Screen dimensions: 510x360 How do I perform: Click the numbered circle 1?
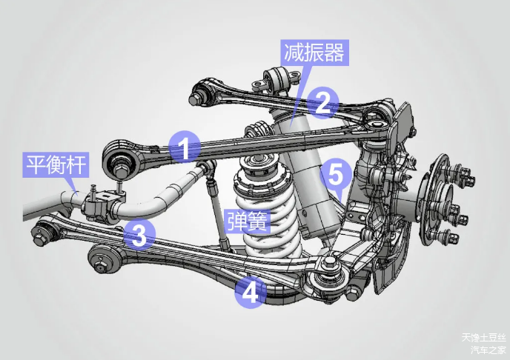pos(185,147)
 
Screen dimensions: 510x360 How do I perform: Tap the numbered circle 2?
pos(322,102)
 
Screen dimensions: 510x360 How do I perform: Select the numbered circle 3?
pos(139,235)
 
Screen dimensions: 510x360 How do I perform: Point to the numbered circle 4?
pos(250,292)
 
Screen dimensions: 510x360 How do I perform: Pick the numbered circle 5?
pos(336,174)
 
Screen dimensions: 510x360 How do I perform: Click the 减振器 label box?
pos(314,53)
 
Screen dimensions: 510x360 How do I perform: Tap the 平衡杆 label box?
pos(56,164)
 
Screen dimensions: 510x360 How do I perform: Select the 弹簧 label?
pos(248,221)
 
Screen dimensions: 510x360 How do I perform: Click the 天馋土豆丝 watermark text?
pos(483,338)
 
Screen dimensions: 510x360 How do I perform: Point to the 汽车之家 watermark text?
pos(489,350)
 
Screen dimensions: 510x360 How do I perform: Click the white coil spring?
pos(267,211)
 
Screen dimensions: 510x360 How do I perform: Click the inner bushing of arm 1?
pos(121,161)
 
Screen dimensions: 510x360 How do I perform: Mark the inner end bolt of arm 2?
pos(194,99)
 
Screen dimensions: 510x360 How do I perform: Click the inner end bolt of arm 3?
pos(40,239)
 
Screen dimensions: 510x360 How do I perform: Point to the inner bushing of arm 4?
pos(102,259)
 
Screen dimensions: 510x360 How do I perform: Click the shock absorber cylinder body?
pos(305,176)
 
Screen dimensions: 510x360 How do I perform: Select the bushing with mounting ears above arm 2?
pos(277,79)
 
